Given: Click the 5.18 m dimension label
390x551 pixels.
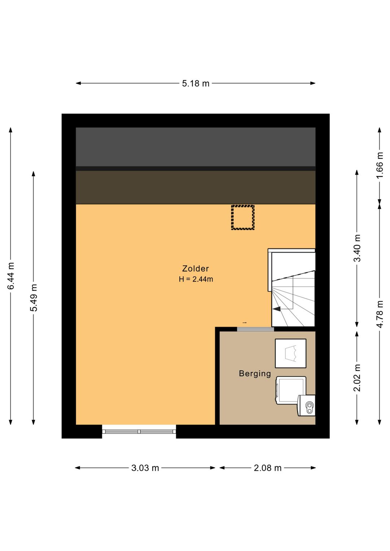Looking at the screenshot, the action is tap(195, 84).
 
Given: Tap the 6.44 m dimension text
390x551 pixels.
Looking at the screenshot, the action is tap(11, 276).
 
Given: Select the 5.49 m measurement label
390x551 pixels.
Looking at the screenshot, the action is tap(34, 298).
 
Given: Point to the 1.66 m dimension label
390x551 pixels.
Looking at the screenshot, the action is tap(380, 165).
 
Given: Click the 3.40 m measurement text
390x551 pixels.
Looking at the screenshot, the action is tap(357, 248).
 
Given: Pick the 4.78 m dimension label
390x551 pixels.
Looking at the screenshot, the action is tap(380, 314).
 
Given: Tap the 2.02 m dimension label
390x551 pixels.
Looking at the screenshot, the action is tap(357, 378).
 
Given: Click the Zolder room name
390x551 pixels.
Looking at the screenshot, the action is tap(195, 268).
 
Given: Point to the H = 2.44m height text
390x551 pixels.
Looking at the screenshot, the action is tap(196, 279).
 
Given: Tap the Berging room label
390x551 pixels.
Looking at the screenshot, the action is tap(255, 374).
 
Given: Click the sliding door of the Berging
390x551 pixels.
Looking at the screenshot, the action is tap(255, 329).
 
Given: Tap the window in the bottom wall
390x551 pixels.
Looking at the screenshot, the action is tap(139, 431).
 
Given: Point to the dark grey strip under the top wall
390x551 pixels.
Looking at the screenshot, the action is tap(196, 147).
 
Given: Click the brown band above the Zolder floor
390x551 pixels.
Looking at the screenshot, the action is tap(196, 187).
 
